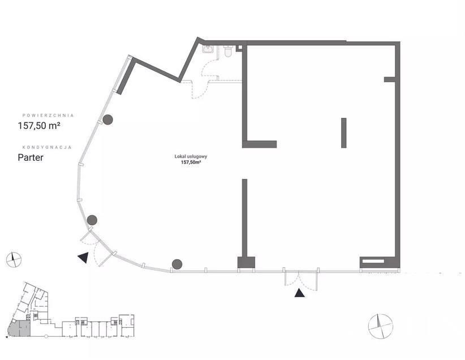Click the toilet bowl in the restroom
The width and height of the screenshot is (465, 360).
coord(228,51)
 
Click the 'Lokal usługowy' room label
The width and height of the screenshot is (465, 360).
coord(191,156)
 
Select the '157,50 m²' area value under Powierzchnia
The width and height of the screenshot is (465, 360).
coord(39,126)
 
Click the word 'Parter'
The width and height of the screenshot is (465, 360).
coord(31,157)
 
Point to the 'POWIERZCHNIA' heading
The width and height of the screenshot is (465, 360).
coord(48,115)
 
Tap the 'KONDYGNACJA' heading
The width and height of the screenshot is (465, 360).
coord(47,147)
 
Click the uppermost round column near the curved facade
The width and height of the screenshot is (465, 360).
coord(107,119)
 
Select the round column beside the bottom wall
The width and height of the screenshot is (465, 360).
coord(177,264)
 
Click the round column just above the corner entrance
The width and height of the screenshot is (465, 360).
coord(92,220)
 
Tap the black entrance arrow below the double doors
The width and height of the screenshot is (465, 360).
coord(299,293)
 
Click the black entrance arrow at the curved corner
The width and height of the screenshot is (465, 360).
coord(84,258)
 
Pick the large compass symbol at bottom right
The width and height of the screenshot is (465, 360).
coord(381,326)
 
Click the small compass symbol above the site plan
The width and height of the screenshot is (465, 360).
coord(14,260)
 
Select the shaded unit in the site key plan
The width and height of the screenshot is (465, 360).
coord(19,328)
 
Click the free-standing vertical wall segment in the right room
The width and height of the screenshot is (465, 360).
coord(344,132)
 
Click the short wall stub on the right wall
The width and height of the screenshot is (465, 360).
coord(390,79)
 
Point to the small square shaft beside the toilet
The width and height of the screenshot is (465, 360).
coord(239,48)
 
